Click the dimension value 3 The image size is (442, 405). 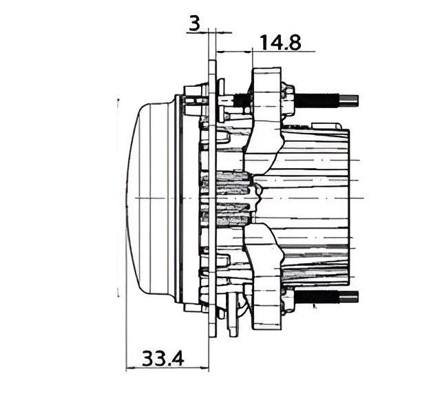[195, 23]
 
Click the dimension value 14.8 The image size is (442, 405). [280, 43]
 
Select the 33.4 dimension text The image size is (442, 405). [163, 358]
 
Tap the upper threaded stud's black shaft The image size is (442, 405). [317, 100]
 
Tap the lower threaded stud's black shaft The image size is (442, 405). [317, 298]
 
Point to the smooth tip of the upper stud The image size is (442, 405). [349, 100]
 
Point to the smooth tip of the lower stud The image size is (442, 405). [349, 298]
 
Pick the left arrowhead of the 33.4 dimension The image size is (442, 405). [129, 368]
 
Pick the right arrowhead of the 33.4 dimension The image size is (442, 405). [205, 368]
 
